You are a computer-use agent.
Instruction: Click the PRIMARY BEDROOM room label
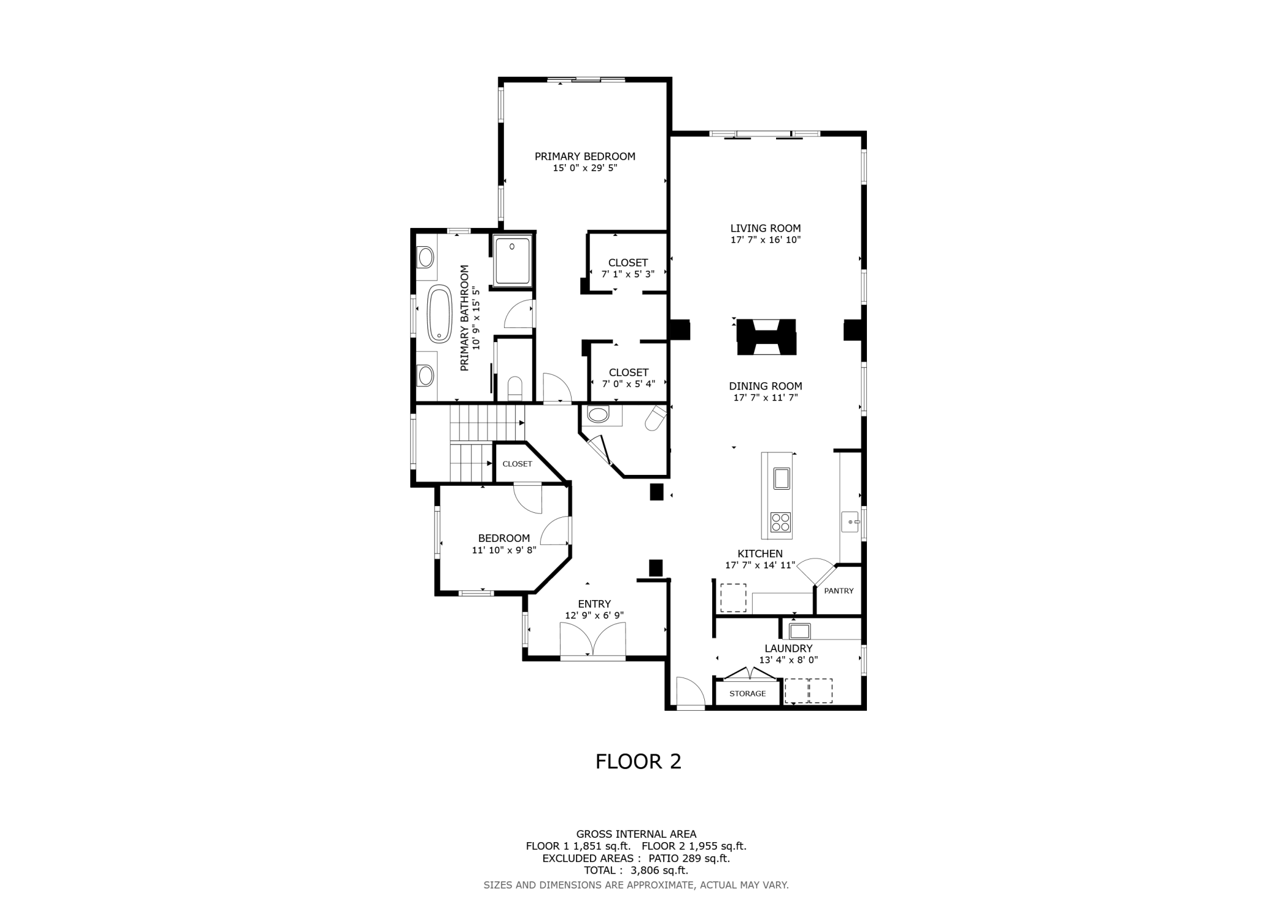point(584,157)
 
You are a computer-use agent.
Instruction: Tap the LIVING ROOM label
point(766,229)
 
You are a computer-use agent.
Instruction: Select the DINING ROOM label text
point(766,386)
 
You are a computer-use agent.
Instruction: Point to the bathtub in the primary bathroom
point(439,314)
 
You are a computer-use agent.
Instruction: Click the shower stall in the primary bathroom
point(512,260)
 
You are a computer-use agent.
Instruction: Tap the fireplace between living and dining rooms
point(766,337)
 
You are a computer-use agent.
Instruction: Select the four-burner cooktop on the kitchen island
point(781,522)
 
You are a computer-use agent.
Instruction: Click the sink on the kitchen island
point(782,479)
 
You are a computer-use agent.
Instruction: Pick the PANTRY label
point(839,591)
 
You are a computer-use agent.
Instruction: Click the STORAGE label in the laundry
point(748,694)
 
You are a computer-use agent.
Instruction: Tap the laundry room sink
point(800,631)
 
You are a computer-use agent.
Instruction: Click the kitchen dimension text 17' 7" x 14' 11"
point(760,565)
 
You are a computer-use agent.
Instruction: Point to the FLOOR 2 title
point(638,762)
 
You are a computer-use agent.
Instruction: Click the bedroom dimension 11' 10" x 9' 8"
point(504,550)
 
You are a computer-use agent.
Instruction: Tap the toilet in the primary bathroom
point(514,388)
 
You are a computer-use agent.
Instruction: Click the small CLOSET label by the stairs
point(518,464)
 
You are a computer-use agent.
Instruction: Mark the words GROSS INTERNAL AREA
point(636,834)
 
